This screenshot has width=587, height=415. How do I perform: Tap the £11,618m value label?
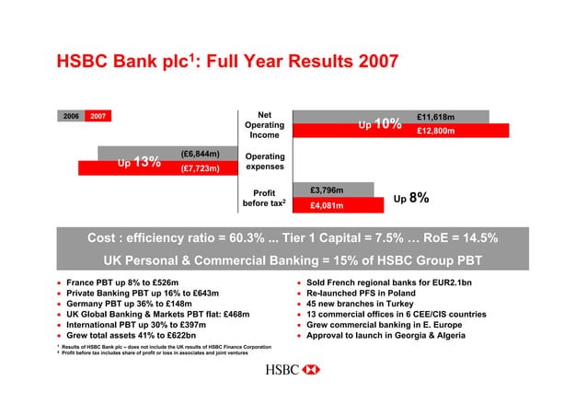(x=437, y=117)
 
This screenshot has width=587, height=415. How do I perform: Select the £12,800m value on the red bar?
(x=437, y=131)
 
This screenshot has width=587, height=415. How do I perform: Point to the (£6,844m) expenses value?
(x=200, y=154)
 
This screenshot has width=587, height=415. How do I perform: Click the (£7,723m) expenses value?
(x=200, y=168)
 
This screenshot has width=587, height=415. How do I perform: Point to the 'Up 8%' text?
(x=410, y=198)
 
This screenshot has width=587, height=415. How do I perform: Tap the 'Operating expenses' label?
(x=264, y=162)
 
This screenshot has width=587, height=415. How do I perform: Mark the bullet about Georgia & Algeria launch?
(x=390, y=335)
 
